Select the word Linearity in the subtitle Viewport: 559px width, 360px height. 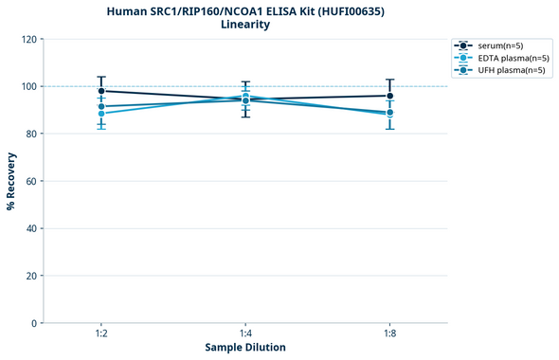pos(244,25)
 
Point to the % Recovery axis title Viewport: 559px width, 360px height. pos(11,181)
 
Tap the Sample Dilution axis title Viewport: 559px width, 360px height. pos(244,348)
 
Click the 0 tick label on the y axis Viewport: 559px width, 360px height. pos(34,323)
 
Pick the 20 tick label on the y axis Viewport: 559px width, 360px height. pos(31,276)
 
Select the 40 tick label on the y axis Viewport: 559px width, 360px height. pos(31,228)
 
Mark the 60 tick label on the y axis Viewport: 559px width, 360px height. pos(31,181)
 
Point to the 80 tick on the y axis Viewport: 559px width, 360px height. pos(31,134)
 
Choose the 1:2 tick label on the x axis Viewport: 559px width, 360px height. pos(100,334)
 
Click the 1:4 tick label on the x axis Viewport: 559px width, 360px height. pos(245,334)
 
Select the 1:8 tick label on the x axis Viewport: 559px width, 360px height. pos(389,334)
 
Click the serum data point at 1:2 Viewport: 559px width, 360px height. pos(101,91)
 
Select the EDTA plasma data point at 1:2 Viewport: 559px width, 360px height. pos(101,114)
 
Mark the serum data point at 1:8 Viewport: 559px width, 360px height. pos(389,96)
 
